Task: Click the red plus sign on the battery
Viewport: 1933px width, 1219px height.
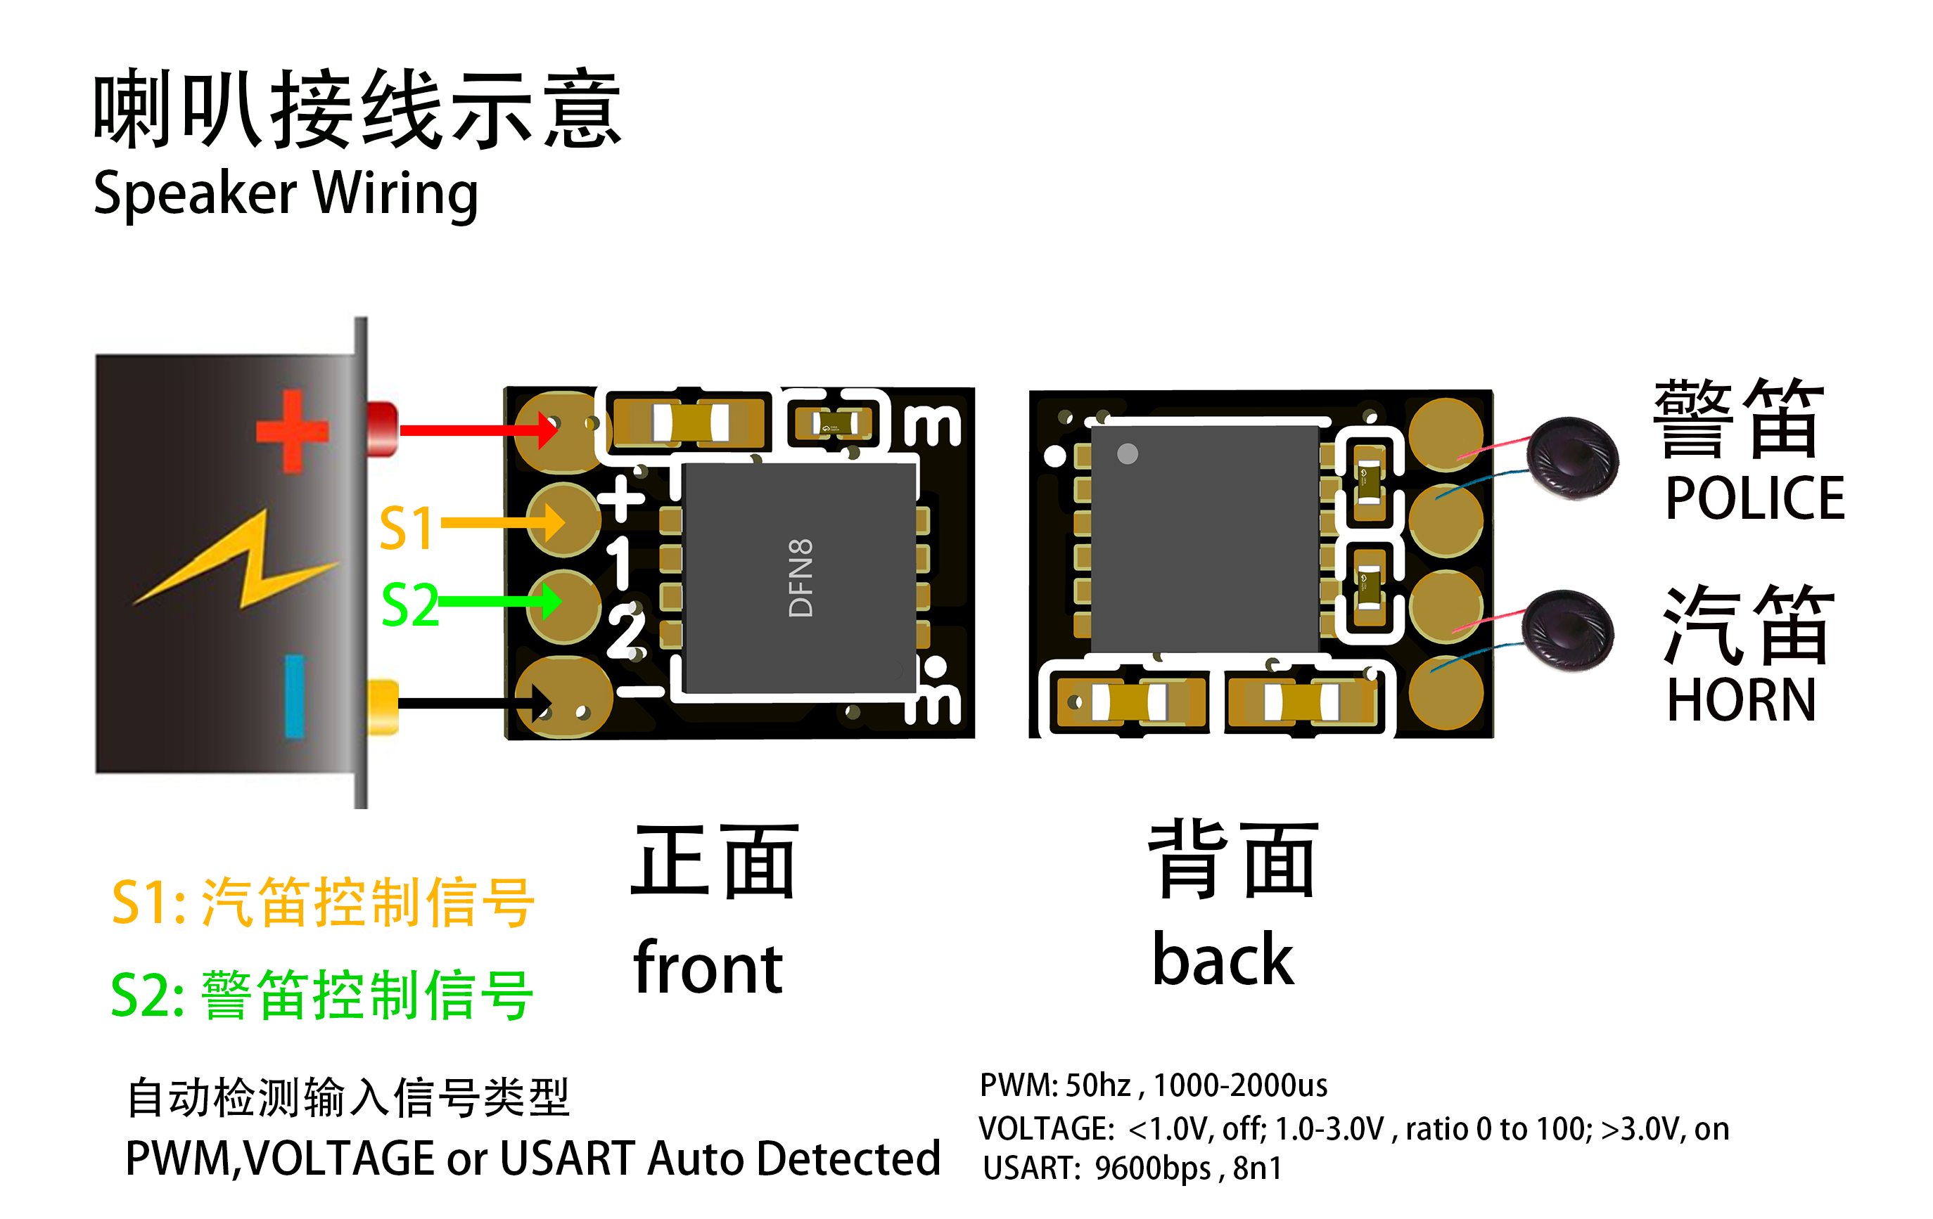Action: click(x=292, y=432)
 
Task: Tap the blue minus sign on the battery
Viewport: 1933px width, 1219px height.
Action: click(x=295, y=696)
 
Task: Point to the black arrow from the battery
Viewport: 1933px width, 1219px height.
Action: click(x=473, y=704)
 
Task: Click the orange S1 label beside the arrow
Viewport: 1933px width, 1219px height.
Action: click(x=406, y=528)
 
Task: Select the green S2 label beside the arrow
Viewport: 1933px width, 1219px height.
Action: click(x=409, y=605)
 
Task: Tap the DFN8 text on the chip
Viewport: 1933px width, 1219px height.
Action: click(x=801, y=578)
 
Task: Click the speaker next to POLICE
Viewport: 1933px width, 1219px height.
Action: click(x=1571, y=458)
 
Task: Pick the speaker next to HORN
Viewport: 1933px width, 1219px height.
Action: click(x=1567, y=631)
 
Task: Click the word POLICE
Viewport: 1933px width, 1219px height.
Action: click(x=1755, y=498)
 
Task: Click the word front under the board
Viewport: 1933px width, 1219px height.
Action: click(x=707, y=969)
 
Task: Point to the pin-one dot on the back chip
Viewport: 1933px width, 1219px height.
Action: click(x=1127, y=453)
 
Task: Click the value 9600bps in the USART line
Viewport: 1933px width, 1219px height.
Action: click(x=1153, y=1168)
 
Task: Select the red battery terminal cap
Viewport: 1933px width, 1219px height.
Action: click(x=382, y=429)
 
